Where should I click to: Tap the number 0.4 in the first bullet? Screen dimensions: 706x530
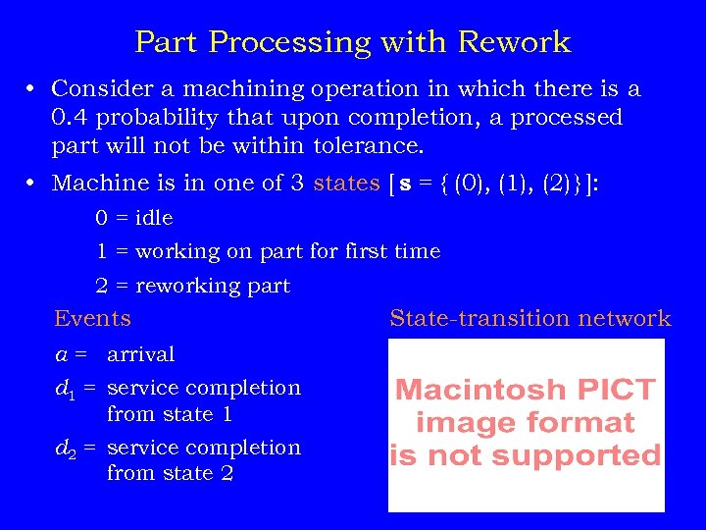(74, 118)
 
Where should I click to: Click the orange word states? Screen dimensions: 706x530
(346, 184)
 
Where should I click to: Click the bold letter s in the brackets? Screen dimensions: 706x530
(403, 184)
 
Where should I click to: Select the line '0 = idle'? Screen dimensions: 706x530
(133, 218)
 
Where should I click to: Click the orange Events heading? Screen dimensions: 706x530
(93, 318)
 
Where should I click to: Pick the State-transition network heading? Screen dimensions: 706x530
(529, 318)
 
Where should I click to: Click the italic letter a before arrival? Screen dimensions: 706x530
(61, 354)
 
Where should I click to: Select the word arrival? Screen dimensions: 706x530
(140, 354)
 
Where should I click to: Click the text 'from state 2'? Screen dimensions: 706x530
(169, 473)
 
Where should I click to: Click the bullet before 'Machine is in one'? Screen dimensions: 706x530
(32, 184)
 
